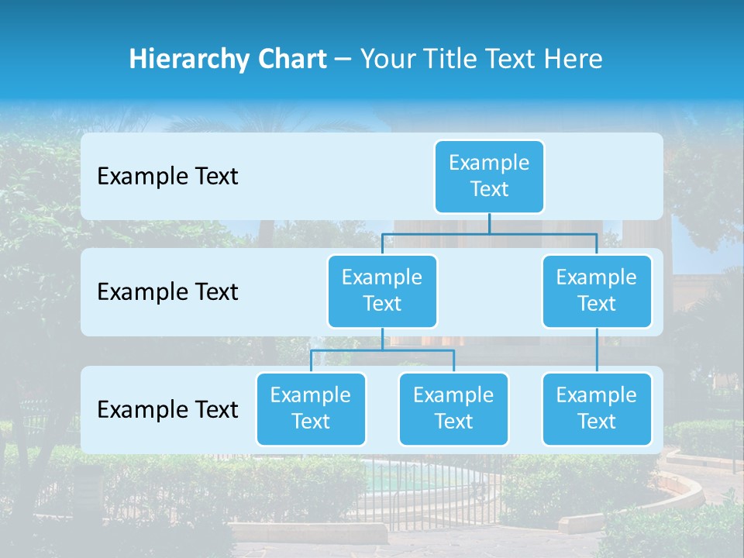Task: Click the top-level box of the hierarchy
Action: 489,177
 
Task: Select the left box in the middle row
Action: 382,291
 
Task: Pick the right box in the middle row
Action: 597,291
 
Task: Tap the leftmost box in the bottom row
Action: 311,409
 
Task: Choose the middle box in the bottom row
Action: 453,409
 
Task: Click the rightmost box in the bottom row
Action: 597,409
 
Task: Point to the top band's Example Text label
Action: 167,177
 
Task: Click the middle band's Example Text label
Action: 167,292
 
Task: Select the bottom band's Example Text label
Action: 167,410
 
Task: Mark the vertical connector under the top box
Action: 489,223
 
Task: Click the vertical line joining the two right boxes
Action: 597,350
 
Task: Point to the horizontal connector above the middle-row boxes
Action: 489,232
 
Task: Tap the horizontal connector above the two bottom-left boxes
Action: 382,350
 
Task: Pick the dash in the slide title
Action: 343,60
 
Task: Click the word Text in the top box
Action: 489,190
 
